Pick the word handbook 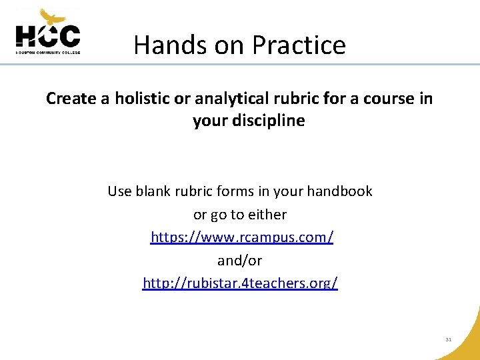point(339,191)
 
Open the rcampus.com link point(242,237)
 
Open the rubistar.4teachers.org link point(240,283)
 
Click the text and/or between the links point(240,260)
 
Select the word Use point(120,191)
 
